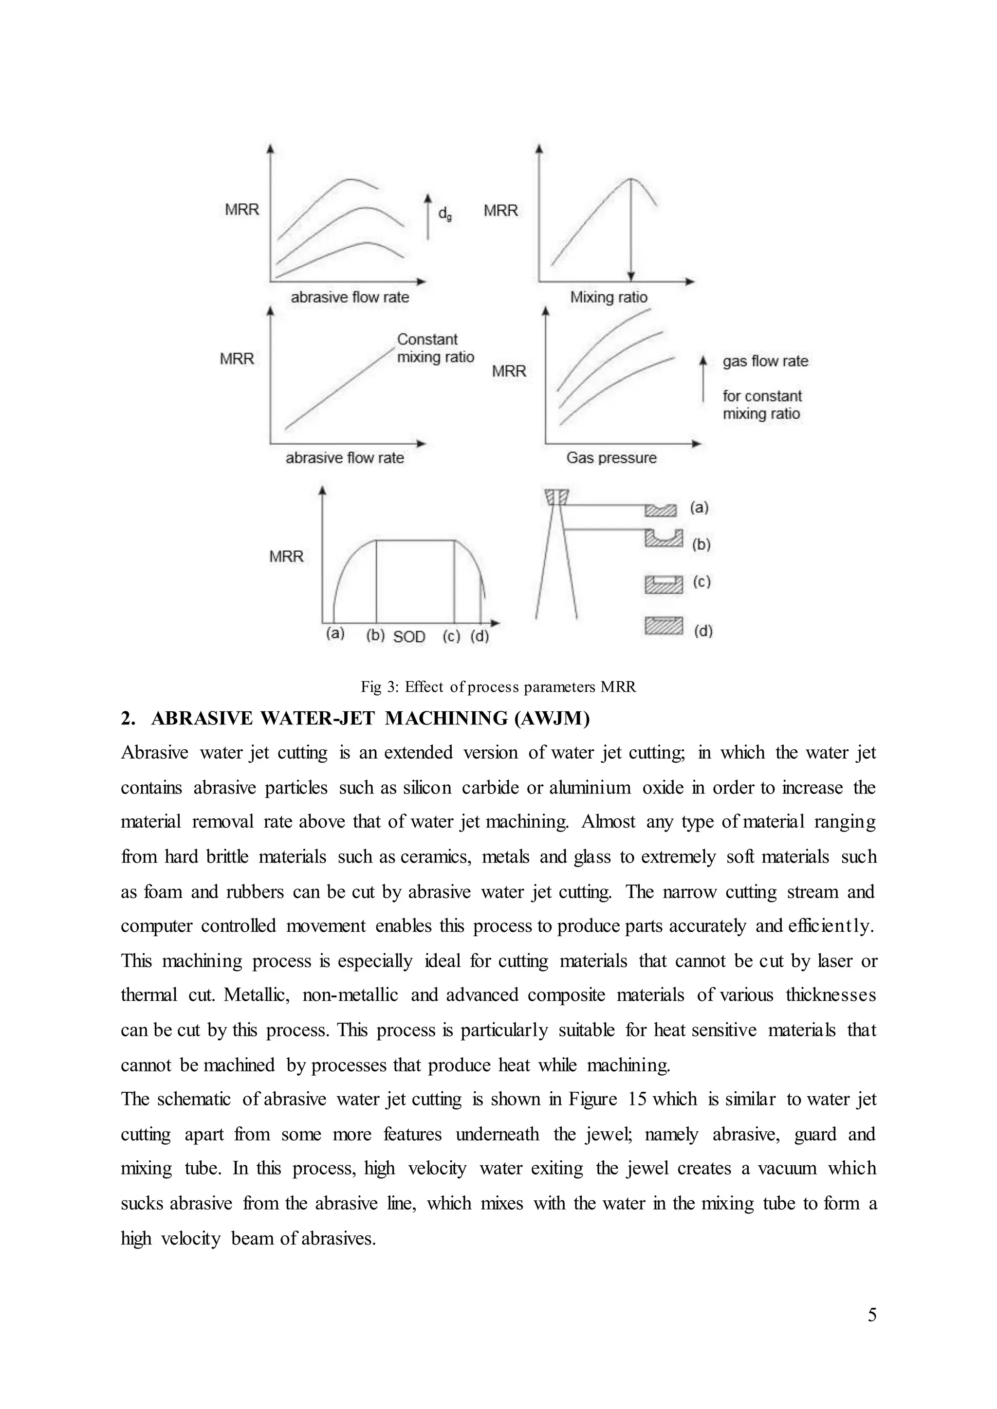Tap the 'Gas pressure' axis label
pos(611,458)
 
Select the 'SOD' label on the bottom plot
pos(409,637)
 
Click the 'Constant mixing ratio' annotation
pos(435,348)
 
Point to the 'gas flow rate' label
pos(765,361)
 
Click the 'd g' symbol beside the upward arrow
pos(444,214)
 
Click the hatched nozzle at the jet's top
pos(556,496)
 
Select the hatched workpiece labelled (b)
pos(664,538)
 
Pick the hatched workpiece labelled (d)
pos(664,626)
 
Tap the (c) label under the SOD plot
pos(451,636)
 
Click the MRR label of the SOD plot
pos(286,557)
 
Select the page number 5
pos(872,1315)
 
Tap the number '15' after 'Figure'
pos(637,1099)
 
